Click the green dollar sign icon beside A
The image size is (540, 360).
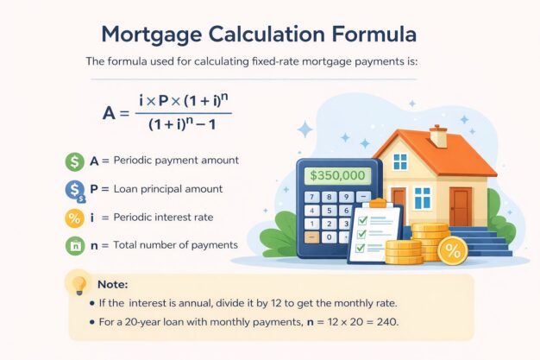click(x=74, y=161)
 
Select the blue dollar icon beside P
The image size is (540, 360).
click(x=74, y=189)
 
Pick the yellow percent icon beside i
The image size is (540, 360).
click(x=74, y=217)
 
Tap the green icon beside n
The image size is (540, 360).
click(x=74, y=245)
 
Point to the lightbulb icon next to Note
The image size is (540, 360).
click(x=79, y=284)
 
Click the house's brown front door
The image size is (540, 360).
click(x=462, y=206)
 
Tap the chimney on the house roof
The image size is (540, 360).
click(x=438, y=136)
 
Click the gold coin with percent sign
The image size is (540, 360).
click(x=452, y=250)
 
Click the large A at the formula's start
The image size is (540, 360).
click(x=109, y=111)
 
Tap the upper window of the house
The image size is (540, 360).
click(x=399, y=161)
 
